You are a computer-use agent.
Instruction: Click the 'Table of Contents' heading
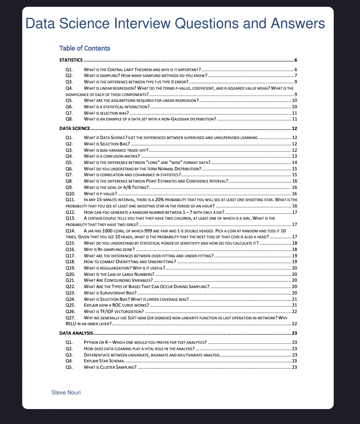(84, 48)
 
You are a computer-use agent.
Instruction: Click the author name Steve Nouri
(66, 392)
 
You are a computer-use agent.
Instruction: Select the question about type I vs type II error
(136, 82)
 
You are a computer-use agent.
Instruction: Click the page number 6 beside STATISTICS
(295, 60)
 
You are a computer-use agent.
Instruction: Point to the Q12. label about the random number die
(70, 212)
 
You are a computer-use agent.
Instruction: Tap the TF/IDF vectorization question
(113, 311)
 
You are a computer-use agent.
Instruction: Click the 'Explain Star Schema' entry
(104, 361)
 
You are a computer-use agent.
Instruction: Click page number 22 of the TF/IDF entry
(294, 311)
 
